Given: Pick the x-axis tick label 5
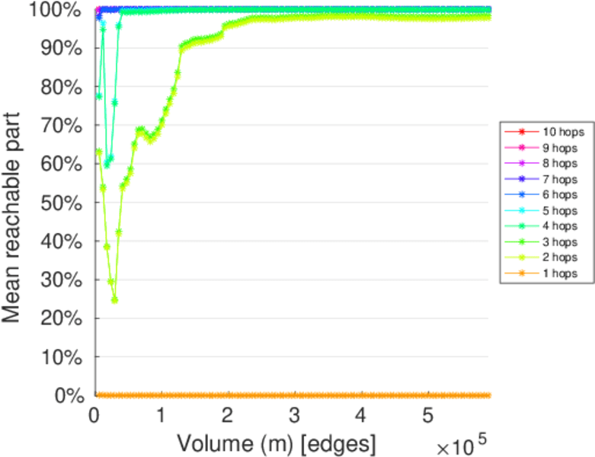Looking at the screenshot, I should [428, 414].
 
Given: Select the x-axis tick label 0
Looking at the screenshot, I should [94, 414].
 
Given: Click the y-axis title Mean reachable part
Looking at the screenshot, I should [14, 203].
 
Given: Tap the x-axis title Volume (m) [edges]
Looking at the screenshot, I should [276, 443].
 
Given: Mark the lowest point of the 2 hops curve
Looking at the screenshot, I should [114, 299].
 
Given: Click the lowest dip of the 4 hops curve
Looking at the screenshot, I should [107, 164].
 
